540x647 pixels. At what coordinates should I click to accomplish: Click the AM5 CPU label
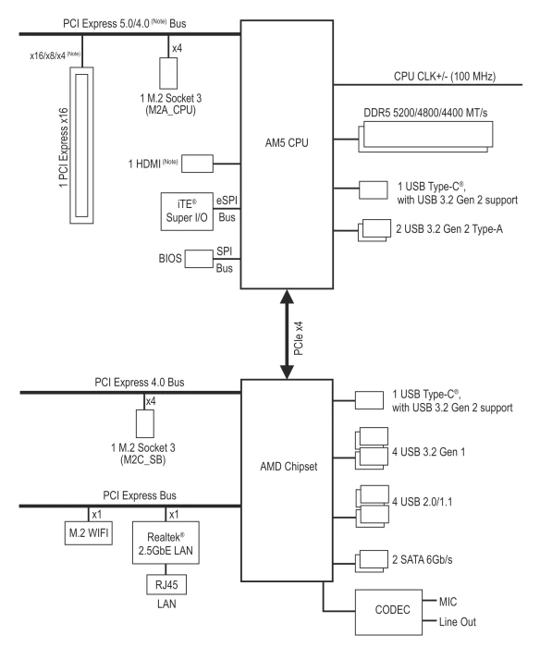coord(287,142)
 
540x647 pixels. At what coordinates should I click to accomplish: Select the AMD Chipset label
coord(288,467)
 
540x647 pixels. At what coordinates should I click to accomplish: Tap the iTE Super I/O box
coord(187,212)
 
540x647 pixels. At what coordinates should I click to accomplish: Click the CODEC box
coord(388,612)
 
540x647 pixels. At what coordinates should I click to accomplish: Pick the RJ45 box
coord(166,585)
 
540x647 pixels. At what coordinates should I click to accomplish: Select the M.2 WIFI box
coord(89,533)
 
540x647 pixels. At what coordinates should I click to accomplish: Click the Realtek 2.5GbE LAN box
coord(166,543)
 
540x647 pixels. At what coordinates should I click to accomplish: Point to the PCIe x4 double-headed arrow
coord(287,335)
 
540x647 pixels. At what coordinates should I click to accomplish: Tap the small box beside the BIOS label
coord(199,258)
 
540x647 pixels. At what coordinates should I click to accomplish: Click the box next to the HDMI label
coord(197,164)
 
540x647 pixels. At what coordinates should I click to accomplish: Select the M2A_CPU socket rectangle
coord(168,73)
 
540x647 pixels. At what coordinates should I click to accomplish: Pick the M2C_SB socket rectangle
coord(145,423)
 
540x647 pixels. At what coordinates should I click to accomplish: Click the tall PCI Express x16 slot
coord(81,145)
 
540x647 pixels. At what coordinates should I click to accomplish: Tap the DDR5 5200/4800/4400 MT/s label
coord(425,113)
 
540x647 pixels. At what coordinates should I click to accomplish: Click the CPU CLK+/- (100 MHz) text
coord(445,77)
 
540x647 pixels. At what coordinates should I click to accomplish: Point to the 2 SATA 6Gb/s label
coord(422,559)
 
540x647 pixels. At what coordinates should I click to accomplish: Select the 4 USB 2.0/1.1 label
coord(422,502)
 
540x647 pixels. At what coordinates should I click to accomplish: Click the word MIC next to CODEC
coord(448,602)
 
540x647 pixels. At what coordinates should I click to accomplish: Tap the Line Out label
coord(458,622)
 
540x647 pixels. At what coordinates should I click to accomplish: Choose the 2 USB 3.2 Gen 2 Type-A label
coord(449,229)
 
